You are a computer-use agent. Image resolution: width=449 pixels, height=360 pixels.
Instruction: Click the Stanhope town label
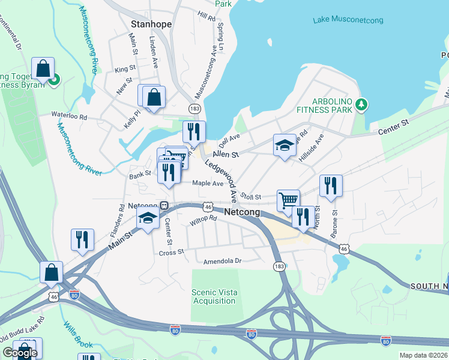click(151, 25)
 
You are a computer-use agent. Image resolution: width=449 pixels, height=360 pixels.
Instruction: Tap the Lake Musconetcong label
click(348, 21)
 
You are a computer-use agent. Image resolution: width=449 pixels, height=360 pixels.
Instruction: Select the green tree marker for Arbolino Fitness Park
click(361, 105)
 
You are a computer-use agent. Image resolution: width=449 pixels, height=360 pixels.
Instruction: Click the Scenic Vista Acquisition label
click(214, 296)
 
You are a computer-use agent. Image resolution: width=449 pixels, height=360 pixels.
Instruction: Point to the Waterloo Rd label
click(69, 114)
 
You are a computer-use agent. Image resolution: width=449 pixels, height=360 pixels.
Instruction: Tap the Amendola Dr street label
click(221, 261)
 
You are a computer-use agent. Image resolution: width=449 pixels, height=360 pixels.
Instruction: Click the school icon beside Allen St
click(285, 145)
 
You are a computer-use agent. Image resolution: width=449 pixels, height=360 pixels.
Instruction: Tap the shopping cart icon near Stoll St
click(288, 199)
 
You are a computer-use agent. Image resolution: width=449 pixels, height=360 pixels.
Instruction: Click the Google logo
click(20, 353)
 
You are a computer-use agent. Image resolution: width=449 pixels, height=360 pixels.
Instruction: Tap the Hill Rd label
click(206, 16)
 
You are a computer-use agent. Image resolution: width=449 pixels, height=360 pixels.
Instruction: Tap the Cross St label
click(171, 253)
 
